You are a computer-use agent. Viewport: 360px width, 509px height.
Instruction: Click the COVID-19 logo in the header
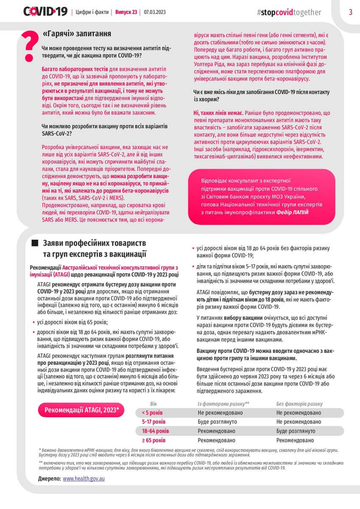tap(45, 12)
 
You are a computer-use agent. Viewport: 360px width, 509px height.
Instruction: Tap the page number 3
tap(350, 12)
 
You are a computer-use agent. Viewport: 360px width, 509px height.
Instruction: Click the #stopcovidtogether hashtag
tap(289, 12)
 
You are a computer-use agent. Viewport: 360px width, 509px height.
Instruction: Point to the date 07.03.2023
tap(155, 12)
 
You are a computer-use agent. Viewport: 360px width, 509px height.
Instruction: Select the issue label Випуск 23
tap(126, 12)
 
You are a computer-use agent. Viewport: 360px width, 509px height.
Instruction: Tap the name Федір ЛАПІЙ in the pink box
tap(292, 211)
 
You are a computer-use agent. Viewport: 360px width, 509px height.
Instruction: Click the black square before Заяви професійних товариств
tap(35, 243)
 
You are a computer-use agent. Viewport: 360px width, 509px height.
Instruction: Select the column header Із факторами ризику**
tap(223, 404)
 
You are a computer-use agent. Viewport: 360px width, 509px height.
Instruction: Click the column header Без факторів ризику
tap(299, 404)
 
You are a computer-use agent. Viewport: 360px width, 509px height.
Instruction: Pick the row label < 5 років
tap(152, 413)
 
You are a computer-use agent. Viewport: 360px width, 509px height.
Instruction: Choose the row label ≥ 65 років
tap(154, 440)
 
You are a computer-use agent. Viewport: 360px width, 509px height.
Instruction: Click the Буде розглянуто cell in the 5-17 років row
tap(217, 422)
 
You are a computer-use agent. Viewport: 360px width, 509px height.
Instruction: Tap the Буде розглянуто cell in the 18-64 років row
tap(296, 431)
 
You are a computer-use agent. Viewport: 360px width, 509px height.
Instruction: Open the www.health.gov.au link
tap(84, 478)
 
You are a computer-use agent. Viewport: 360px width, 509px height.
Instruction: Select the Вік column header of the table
tap(153, 404)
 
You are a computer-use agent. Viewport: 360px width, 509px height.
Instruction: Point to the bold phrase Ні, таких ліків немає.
tap(218, 114)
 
